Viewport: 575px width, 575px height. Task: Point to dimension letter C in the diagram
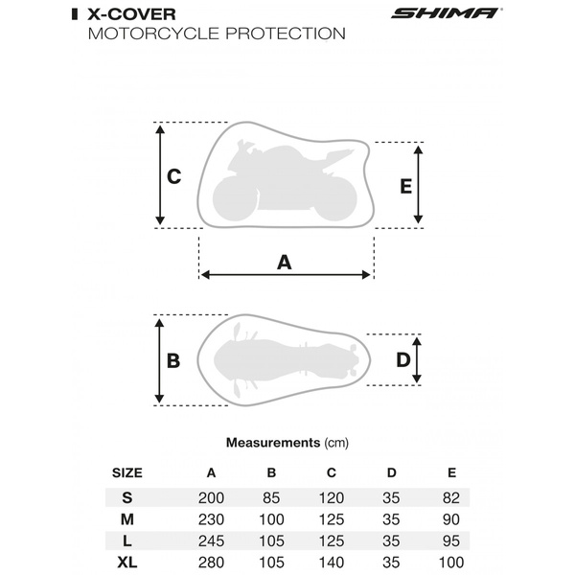coord(174,176)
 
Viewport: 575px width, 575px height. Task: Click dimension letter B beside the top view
coord(173,361)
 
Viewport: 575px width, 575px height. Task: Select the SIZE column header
coord(127,472)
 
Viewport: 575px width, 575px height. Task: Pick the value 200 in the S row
coord(211,496)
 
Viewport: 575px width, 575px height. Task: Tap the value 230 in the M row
coord(211,517)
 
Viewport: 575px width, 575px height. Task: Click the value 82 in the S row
coord(451,496)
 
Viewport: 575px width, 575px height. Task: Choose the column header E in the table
coord(451,472)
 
